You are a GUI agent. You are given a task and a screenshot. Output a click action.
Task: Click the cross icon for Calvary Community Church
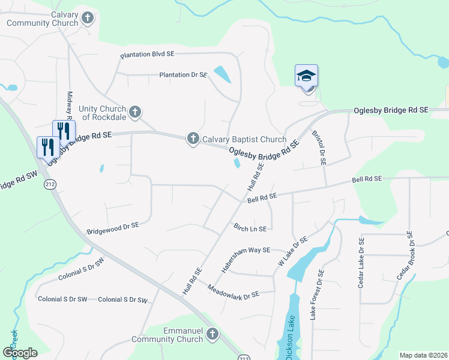tap(88, 18)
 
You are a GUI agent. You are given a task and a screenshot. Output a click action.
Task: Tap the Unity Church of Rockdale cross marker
tap(135, 111)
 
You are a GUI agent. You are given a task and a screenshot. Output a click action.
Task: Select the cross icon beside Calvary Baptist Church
tap(193, 139)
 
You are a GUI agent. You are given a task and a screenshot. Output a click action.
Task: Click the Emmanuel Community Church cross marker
tap(212, 334)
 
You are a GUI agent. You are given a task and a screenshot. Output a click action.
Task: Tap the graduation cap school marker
tap(306, 76)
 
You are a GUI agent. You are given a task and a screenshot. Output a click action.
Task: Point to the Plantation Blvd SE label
tap(147, 55)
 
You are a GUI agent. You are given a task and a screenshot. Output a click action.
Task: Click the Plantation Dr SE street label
tap(183, 75)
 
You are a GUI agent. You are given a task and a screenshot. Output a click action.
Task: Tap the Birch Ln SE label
tap(250, 228)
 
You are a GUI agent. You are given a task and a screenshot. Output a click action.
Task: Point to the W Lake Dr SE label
tap(293, 251)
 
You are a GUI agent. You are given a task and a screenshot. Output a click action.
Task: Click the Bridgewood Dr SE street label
tap(113, 227)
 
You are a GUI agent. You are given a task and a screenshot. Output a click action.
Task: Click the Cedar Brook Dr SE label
tap(406, 257)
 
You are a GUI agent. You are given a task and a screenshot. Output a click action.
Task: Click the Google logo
tap(20, 353)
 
